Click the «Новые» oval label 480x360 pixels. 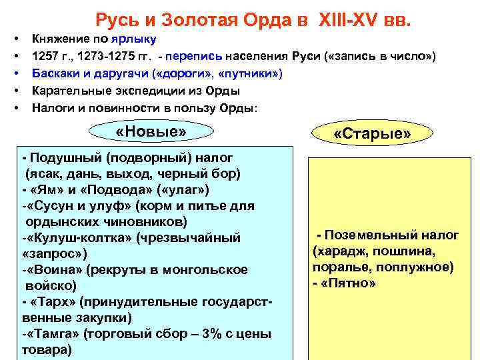tap(150, 131)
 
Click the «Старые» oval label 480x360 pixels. tap(372, 135)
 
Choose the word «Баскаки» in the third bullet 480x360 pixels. tap(56, 73)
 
